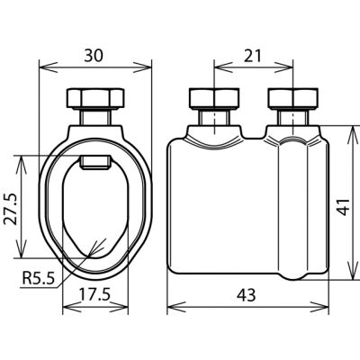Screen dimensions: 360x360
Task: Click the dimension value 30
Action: [94, 56]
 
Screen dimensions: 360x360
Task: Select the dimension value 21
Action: [252, 56]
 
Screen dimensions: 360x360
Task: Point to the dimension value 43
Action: [247, 295]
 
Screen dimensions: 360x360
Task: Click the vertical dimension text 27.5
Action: [10, 209]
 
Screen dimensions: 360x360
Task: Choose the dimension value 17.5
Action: [94, 295]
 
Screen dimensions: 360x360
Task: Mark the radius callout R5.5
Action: [39, 279]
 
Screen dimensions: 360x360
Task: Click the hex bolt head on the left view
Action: [95, 98]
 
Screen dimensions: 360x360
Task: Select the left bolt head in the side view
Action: [214, 98]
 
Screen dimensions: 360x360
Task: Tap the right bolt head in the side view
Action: [292, 98]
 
